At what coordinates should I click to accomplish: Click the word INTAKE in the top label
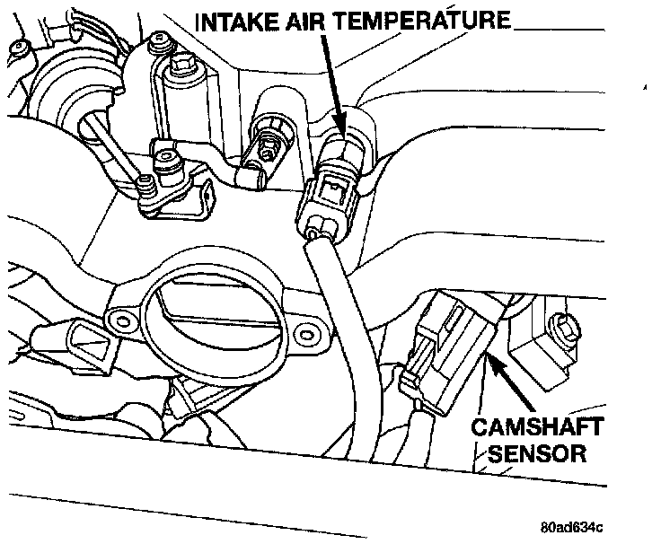pos(235,19)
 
